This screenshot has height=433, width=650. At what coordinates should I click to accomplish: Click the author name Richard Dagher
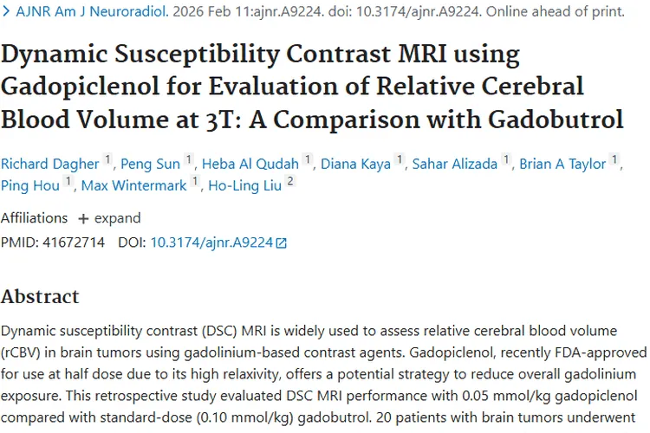click(x=49, y=164)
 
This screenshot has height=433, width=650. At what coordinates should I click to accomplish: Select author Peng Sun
click(x=150, y=164)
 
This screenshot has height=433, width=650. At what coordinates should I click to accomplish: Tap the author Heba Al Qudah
click(x=250, y=164)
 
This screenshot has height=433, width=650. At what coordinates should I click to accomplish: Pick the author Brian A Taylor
click(x=563, y=164)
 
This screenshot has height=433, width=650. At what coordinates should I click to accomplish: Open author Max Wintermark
click(x=133, y=184)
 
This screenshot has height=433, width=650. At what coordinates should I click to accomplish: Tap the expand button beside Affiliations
click(x=109, y=218)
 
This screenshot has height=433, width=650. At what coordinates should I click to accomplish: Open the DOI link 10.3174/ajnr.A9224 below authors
click(x=211, y=243)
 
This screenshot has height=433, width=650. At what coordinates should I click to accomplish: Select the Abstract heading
click(x=40, y=297)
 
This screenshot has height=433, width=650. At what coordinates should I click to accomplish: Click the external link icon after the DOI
click(x=281, y=244)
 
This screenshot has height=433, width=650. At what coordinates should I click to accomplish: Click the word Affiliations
click(x=34, y=218)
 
